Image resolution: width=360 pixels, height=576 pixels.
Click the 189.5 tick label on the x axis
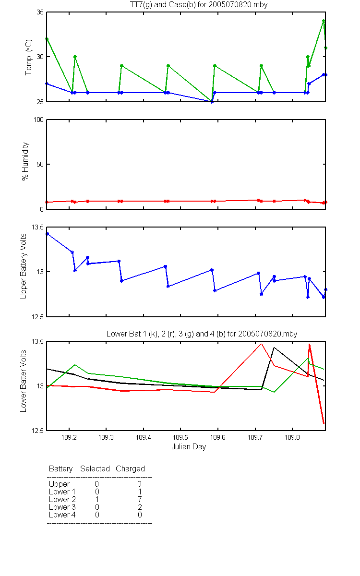pos(180,437)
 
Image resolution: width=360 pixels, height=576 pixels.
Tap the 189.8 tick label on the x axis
pos(292,437)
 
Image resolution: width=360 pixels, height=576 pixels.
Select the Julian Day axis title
pos(189,447)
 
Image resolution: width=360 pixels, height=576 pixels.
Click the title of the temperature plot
pos(199,5)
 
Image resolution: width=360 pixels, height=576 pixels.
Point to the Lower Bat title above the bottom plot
pos(202,334)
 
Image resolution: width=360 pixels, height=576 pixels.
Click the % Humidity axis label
pos(25,161)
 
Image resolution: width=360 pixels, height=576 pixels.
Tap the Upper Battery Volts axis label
pos(23,266)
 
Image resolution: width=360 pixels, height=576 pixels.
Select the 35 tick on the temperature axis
pos(40,12)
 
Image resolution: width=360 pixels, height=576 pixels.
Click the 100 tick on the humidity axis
pos(38,120)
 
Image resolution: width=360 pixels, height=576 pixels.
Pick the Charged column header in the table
pos(131,469)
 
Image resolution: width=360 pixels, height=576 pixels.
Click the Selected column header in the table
pos(95,469)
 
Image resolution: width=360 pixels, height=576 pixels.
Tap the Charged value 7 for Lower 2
pos(140,499)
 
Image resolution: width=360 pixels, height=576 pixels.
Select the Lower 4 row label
pos(62,515)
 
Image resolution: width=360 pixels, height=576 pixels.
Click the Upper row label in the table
pos(59,484)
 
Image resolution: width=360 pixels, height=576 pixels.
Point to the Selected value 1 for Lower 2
pos(97,499)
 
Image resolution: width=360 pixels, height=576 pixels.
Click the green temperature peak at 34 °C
pos(324,21)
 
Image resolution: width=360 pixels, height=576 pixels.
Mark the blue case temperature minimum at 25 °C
pos(212,102)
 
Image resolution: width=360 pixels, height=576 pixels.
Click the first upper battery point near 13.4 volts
pos(48,234)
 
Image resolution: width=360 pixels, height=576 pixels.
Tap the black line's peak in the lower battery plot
pos(274,348)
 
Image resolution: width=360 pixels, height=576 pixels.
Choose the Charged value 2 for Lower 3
pos(140,507)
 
